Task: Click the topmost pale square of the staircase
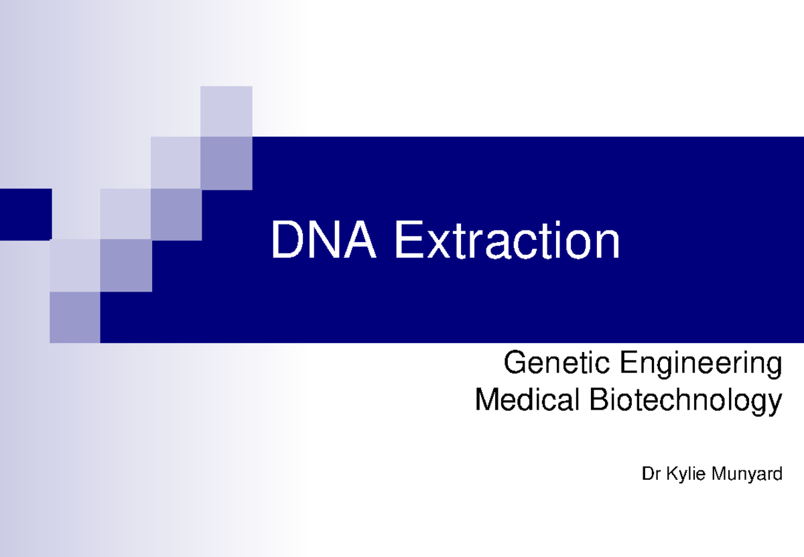pos(226,111)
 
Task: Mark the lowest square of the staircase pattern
pos(75,317)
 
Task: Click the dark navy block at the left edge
pos(25,214)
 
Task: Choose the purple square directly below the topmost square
pos(226,163)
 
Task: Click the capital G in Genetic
pos(513,364)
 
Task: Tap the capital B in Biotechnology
pos(598,401)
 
